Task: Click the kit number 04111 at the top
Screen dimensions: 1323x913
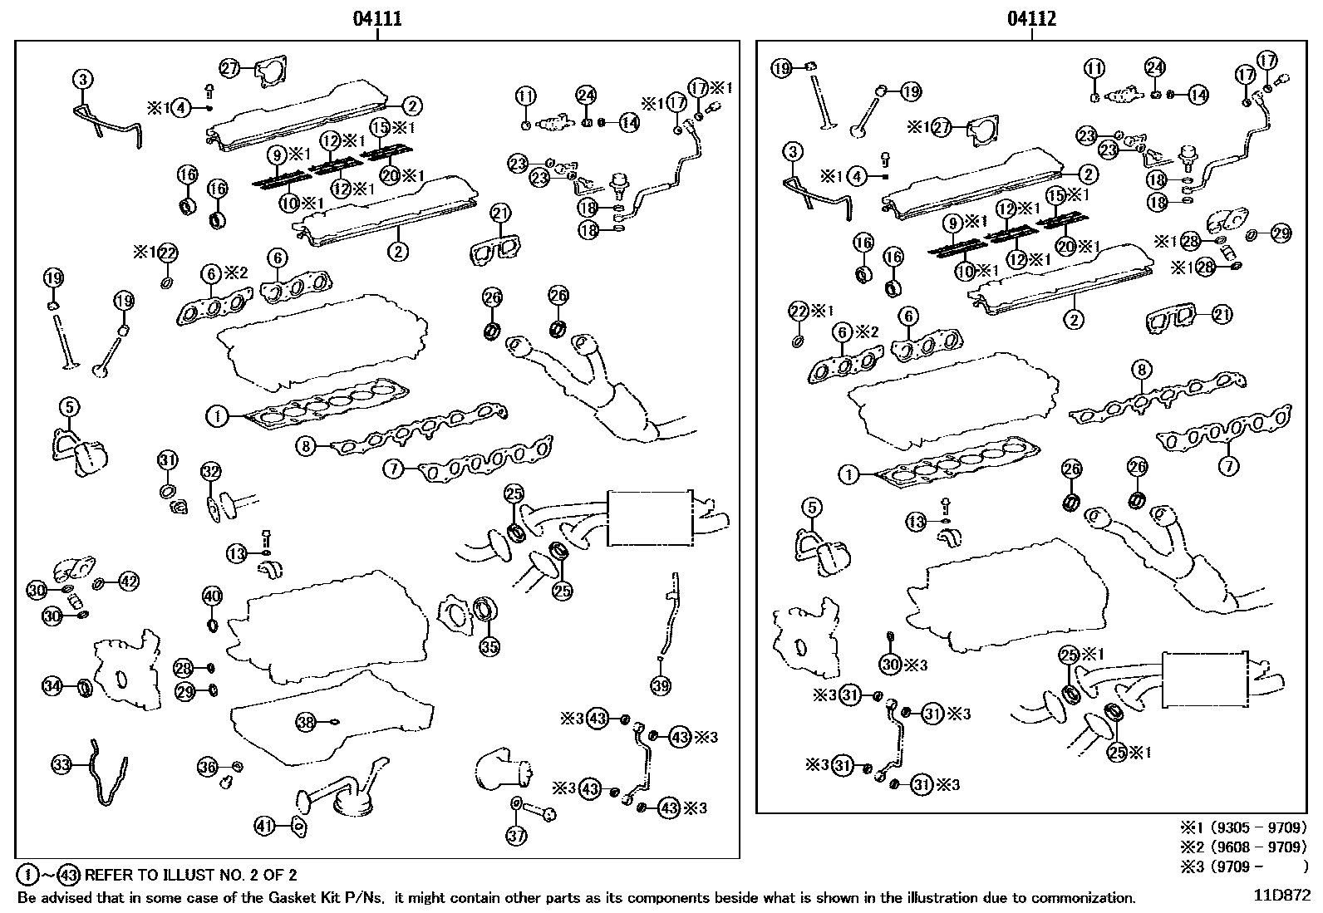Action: pos(377,19)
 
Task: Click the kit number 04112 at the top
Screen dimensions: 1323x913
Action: pos(1031,19)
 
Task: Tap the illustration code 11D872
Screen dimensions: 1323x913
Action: pos(1282,896)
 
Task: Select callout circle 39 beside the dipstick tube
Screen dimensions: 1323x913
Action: pos(661,685)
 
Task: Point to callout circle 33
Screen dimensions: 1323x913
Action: pos(62,765)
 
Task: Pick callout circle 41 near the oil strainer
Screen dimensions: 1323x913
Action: pos(265,826)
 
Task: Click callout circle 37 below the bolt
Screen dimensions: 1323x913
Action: pos(516,836)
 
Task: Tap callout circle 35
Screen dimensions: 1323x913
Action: pos(489,646)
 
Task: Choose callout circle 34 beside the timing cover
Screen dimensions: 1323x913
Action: pos(52,686)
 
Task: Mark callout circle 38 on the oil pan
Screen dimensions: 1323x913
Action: pos(306,722)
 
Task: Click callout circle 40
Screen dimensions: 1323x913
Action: pos(213,596)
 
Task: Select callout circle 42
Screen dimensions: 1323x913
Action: pos(129,582)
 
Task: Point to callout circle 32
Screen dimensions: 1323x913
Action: pos(211,471)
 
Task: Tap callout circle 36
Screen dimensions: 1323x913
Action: pos(207,767)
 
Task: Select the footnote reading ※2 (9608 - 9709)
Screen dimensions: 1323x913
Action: pos(1243,847)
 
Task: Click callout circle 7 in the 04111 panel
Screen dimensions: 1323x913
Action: pos(393,469)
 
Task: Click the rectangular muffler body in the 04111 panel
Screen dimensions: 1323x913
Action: pos(650,518)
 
